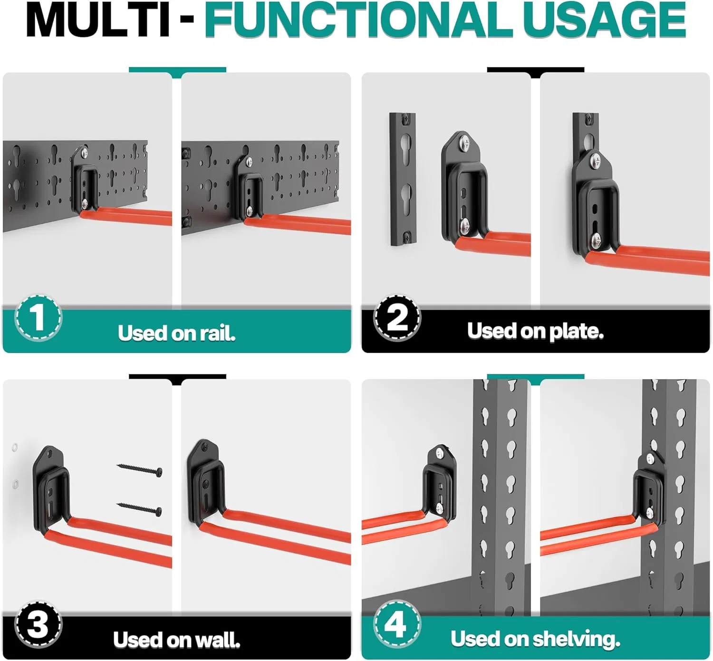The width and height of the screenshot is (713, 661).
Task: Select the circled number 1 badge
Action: click(x=38, y=317)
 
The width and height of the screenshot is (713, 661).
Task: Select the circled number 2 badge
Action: click(x=397, y=317)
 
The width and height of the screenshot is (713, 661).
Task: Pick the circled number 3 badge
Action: click(x=38, y=624)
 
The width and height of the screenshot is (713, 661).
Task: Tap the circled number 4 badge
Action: click(x=396, y=623)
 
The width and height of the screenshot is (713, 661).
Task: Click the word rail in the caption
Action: click(x=217, y=333)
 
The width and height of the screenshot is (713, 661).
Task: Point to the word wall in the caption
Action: click(x=217, y=640)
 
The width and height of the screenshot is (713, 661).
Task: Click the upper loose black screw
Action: click(x=140, y=469)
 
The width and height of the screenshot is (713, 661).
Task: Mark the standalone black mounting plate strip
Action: click(x=402, y=179)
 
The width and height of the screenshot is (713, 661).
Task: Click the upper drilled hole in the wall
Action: click(x=15, y=447)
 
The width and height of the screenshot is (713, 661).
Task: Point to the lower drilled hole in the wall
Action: click(x=15, y=484)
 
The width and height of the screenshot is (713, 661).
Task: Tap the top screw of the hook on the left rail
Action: click(x=84, y=153)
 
